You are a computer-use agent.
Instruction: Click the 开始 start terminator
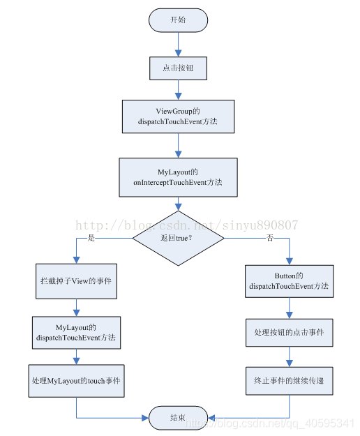178,20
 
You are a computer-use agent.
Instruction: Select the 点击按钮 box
178,68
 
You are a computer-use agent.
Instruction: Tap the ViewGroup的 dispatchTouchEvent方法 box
178,116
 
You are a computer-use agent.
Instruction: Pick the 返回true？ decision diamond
178,238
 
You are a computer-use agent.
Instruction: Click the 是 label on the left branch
91,238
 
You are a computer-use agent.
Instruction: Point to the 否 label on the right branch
270,238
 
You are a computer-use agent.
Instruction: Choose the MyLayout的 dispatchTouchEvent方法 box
76,333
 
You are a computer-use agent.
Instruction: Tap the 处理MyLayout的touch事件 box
76,381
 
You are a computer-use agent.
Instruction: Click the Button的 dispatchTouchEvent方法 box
289,281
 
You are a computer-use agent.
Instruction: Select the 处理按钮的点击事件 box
289,332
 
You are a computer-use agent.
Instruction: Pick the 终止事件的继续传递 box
289,381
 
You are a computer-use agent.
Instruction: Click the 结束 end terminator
178,418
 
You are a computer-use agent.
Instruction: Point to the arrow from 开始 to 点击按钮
178,44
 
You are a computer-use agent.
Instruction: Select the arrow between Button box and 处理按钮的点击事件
289,308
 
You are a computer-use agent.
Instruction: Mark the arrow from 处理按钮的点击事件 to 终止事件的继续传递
289,356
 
